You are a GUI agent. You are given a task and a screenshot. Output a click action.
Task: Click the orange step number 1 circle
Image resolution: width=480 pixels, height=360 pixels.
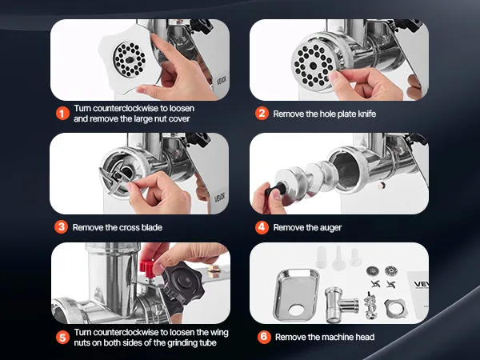[62, 114]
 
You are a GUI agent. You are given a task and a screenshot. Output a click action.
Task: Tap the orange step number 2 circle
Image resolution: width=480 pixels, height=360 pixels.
[262, 114]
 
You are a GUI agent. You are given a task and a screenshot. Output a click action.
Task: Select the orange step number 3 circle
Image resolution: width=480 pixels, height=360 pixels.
[62, 227]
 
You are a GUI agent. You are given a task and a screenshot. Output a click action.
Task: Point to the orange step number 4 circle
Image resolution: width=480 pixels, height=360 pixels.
[262, 227]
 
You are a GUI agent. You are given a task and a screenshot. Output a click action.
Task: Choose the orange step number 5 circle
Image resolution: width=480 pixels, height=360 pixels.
[62, 338]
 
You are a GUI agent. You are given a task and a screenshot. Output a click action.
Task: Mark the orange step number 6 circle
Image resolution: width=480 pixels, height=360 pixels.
[264, 337]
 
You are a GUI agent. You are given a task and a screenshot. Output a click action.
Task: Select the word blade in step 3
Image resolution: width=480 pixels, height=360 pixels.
[151, 227]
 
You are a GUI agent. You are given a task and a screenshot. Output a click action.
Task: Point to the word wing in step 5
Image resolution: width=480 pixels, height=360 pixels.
[219, 333]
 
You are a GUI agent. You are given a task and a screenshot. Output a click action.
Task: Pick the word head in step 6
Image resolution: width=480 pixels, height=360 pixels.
[365, 337]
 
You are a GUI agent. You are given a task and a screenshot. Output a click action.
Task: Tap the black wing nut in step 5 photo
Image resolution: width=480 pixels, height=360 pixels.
[183, 282]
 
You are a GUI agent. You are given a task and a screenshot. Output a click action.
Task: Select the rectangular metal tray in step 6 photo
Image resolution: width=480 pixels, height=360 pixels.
[296, 294]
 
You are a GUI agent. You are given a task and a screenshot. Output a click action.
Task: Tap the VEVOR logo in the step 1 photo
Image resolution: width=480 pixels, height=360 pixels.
[222, 81]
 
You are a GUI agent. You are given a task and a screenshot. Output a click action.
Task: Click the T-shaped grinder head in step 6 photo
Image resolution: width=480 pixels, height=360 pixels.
[341, 304]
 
